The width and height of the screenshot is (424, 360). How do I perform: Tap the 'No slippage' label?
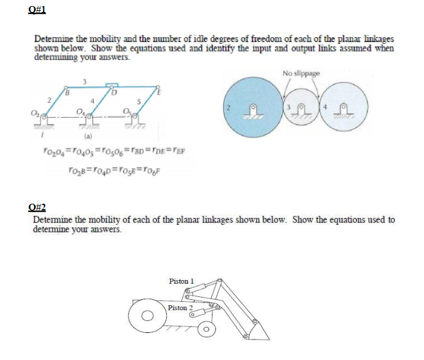click(300, 74)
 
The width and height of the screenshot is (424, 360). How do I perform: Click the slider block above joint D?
click(111, 87)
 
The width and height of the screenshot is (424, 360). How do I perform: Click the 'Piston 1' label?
click(183, 281)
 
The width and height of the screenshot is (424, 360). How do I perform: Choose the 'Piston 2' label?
click(181, 308)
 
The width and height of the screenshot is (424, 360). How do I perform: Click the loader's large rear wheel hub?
click(146, 315)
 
